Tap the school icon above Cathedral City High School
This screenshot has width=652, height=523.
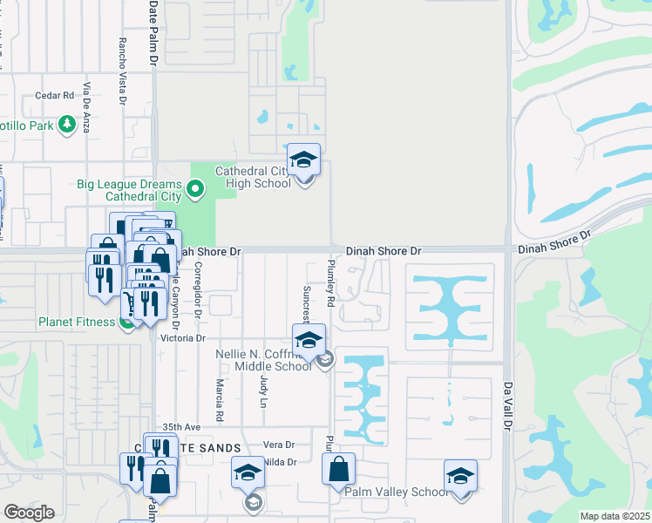click(x=303, y=160)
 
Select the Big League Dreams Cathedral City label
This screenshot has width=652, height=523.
click(x=129, y=190)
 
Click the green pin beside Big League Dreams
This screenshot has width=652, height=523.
click(x=196, y=187)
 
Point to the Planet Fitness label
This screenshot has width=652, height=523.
click(x=77, y=322)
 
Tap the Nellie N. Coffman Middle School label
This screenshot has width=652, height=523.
click(x=263, y=360)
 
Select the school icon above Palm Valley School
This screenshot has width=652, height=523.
click(x=460, y=476)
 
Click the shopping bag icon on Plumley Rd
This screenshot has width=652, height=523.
click(x=338, y=468)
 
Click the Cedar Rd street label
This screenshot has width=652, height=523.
click(x=54, y=96)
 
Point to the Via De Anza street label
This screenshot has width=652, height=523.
click(x=87, y=107)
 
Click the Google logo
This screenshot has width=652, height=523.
click(x=29, y=513)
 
